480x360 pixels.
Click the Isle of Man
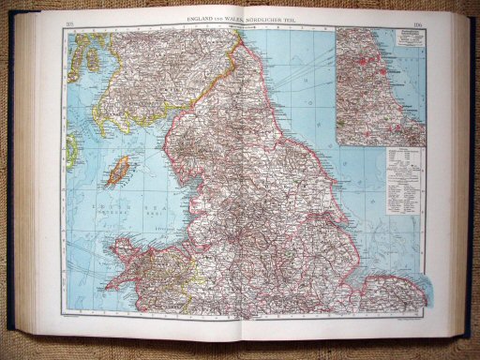[119, 172]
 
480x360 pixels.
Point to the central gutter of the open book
[246, 187]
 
